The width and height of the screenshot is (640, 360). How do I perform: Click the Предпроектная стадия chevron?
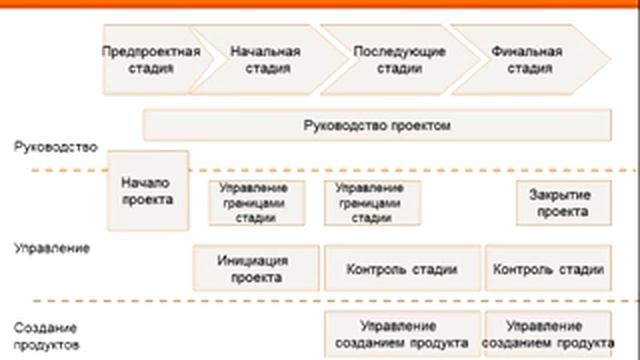point(150,60)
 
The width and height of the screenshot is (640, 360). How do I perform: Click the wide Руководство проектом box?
point(377,126)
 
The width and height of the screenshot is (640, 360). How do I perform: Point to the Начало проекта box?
point(147,190)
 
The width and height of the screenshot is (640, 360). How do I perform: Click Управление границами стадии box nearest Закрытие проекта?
point(372,203)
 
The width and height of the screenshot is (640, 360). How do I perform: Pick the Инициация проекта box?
point(256,268)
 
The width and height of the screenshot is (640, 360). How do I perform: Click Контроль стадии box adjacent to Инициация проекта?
point(401,268)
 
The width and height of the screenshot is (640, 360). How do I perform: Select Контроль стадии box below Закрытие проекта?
point(548,268)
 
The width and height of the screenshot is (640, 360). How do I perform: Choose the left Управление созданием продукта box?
point(401,334)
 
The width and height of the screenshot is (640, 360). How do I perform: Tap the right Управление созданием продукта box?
point(546,334)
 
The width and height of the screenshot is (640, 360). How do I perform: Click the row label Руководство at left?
point(56,148)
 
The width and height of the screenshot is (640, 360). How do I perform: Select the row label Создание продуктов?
point(48,335)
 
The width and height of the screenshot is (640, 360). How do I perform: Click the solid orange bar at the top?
point(320,5)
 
